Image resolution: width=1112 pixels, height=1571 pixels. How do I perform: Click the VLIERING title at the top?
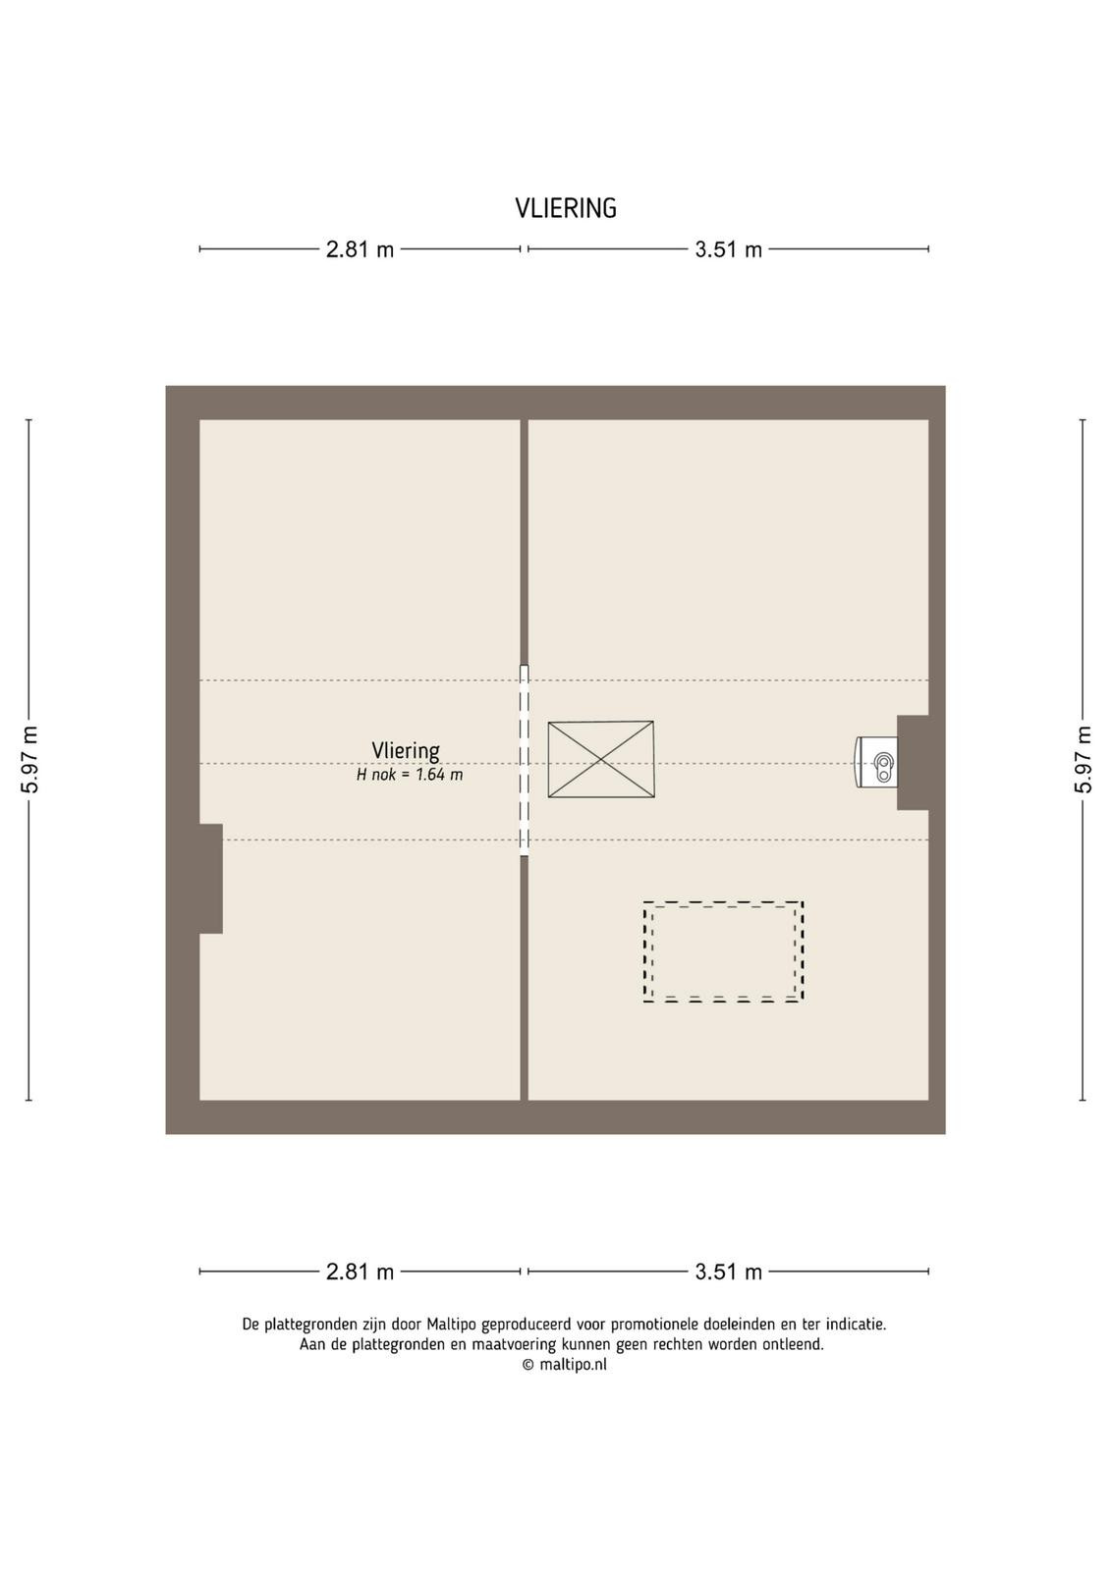point(566,208)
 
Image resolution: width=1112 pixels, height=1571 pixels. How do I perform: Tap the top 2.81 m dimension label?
point(360,249)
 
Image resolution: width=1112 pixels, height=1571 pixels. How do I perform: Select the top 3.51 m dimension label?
point(728,249)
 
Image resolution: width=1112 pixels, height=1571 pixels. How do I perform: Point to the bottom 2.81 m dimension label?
point(360,1272)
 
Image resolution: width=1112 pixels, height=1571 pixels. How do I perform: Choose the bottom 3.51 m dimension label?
point(728,1272)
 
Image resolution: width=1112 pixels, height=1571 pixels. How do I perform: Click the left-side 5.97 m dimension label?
point(29,760)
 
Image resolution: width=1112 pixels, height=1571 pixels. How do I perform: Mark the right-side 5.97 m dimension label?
point(1084,760)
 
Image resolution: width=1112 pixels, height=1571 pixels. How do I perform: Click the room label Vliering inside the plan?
point(406,750)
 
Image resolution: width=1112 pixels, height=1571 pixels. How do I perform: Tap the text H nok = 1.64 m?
point(410,775)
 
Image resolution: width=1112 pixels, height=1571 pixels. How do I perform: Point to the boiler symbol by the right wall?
point(876,762)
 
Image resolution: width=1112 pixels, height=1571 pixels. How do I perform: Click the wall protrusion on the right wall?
point(913,762)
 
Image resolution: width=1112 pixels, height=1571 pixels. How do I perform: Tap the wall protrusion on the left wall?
point(211,878)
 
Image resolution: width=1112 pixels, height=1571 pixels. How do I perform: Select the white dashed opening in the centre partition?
point(525,760)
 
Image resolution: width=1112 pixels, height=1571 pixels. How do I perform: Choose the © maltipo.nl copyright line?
point(564,1364)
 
